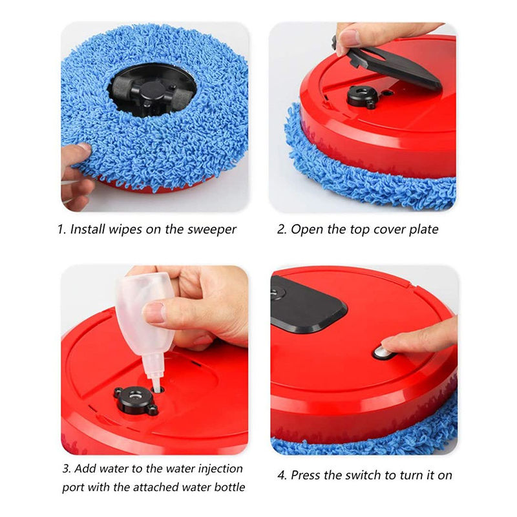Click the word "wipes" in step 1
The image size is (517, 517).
point(125,229)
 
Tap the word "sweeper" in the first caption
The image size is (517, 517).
point(212,230)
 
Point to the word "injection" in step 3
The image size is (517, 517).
point(220,469)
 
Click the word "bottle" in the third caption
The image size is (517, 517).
point(229,487)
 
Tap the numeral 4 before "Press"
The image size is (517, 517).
point(281,476)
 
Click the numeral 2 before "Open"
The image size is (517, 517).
point(281,229)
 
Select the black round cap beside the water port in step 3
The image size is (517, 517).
point(135,399)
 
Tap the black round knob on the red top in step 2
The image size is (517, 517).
point(362,96)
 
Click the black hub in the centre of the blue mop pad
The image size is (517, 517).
point(153,90)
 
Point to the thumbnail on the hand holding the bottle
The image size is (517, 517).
point(154,313)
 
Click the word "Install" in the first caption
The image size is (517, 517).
point(88,229)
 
